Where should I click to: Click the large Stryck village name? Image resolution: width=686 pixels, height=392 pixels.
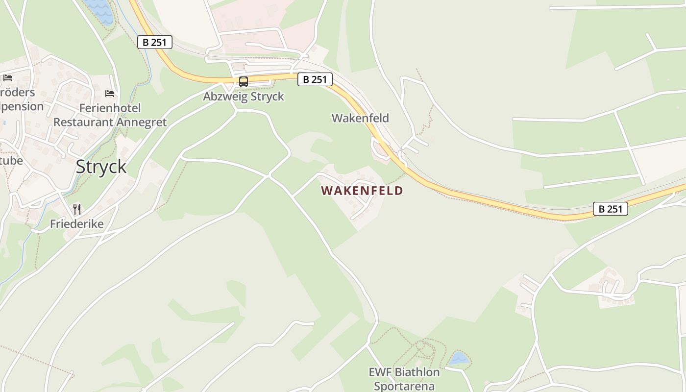tap(101, 167)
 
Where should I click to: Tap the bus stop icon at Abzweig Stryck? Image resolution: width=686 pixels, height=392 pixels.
tap(244, 81)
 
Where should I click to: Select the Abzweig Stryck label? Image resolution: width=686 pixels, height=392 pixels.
tap(244, 96)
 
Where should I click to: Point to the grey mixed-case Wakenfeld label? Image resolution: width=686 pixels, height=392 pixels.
tap(360, 118)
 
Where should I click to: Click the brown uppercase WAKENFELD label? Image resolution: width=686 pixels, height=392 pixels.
tap(362, 191)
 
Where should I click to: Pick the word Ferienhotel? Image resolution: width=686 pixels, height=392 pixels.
tap(110, 108)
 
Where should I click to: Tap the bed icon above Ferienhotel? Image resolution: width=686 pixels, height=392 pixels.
tap(110, 93)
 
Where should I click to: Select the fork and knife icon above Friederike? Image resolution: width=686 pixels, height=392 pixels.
tap(77, 209)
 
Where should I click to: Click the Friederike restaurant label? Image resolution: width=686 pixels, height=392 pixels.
tap(77, 224)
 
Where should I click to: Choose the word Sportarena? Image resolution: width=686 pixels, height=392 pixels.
tap(404, 386)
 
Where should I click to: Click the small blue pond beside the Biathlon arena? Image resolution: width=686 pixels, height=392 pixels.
tap(460, 358)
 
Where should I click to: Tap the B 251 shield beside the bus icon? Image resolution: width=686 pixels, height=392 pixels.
tap(315, 79)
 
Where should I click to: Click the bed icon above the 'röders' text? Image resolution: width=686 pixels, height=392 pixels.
tap(7, 77)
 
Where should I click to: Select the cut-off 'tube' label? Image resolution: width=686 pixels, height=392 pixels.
tap(11, 160)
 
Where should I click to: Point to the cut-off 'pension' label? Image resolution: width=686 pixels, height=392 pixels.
tap(22, 106)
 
